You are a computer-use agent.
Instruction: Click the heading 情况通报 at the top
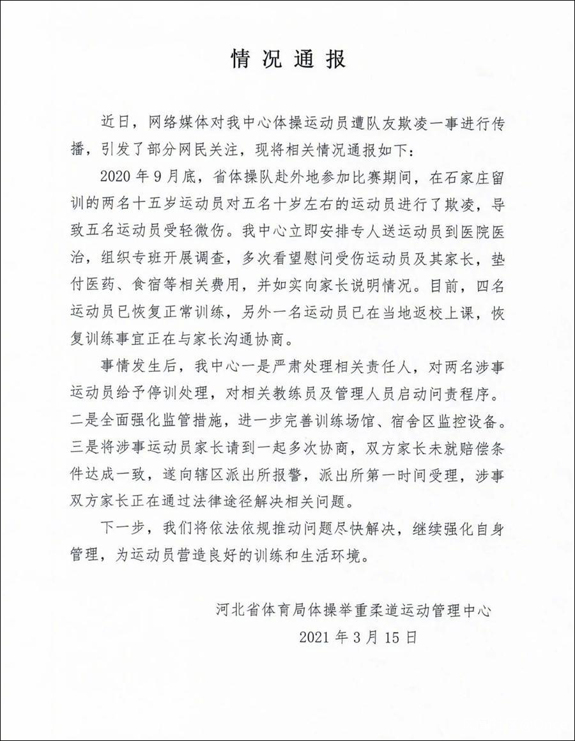[287, 59]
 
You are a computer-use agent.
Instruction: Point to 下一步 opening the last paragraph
[120, 533]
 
